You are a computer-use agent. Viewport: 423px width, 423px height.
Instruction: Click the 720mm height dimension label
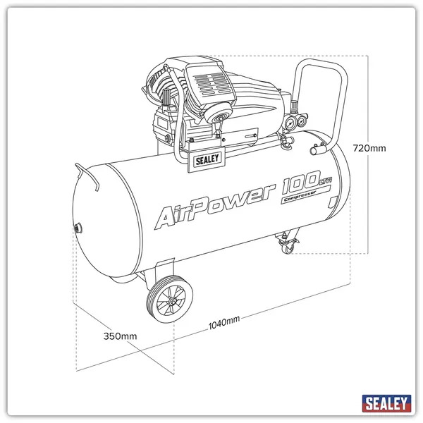click(369, 148)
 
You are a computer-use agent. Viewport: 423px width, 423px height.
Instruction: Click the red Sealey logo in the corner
click(386, 404)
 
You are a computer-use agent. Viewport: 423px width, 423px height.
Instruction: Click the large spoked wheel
click(170, 302)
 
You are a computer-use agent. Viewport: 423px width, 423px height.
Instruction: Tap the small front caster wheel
click(288, 247)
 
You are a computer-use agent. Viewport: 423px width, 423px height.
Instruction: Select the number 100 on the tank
click(300, 188)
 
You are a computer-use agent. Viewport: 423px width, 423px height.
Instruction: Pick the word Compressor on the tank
click(302, 200)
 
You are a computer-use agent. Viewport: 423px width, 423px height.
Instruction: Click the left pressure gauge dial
click(290, 121)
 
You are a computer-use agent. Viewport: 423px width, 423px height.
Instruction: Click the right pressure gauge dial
click(301, 121)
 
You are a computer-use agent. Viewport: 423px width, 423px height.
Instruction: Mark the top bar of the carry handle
click(321, 63)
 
